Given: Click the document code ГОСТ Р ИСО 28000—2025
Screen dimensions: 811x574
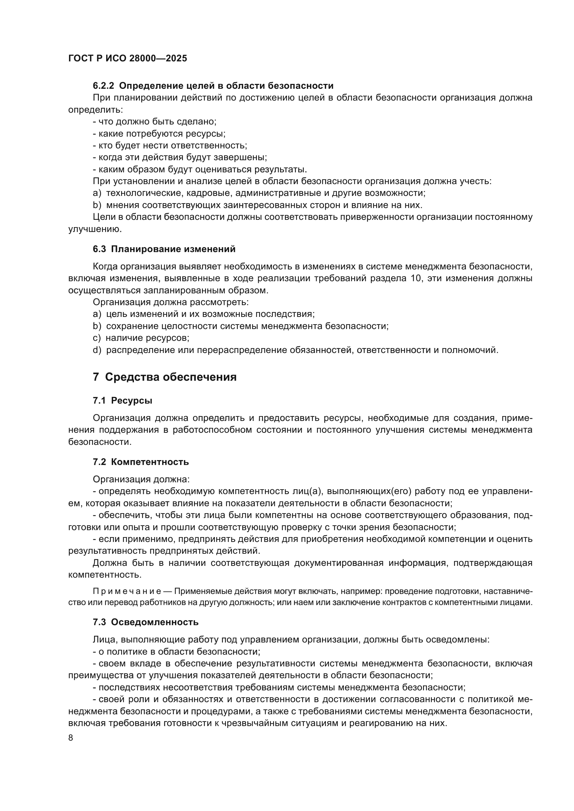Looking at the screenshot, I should point(128,58).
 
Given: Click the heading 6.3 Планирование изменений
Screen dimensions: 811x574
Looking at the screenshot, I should point(164,249).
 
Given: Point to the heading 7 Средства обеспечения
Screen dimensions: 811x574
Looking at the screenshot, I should point(165,377).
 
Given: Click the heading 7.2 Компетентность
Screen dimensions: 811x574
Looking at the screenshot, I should point(141,462).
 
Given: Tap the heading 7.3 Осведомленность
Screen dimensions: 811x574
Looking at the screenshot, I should point(146,622).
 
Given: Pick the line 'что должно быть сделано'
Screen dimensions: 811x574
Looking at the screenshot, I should point(154,121).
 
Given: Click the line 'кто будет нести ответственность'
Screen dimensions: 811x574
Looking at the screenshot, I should point(170,146).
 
